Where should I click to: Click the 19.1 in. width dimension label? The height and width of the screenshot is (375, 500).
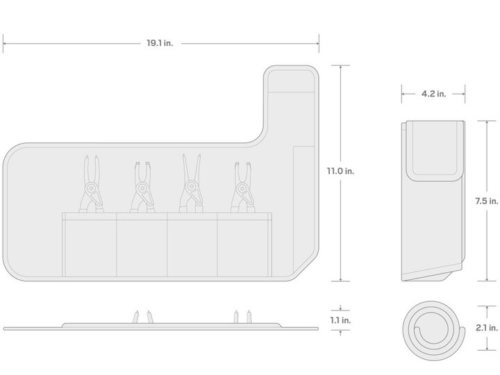coord(160,43)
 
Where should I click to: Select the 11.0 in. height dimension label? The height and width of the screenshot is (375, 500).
coord(340,171)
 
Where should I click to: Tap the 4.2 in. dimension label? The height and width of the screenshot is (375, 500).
coord(433,94)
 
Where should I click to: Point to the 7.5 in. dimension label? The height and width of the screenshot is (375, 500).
coord(486,201)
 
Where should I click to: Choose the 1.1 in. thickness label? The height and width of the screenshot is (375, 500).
coord(340,320)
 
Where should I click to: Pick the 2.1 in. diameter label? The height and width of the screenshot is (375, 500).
coord(487,328)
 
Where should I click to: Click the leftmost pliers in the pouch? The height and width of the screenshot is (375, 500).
coord(91,184)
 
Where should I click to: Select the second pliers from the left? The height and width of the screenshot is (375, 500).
coord(142,187)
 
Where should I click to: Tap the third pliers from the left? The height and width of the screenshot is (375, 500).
coord(192,183)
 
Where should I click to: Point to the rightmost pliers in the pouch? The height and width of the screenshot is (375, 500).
coord(242,187)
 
